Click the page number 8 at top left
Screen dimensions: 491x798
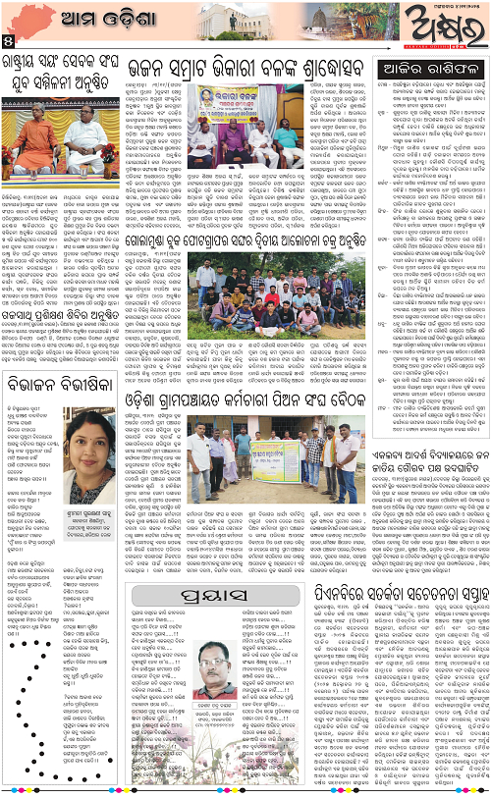[x=8, y=42]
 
